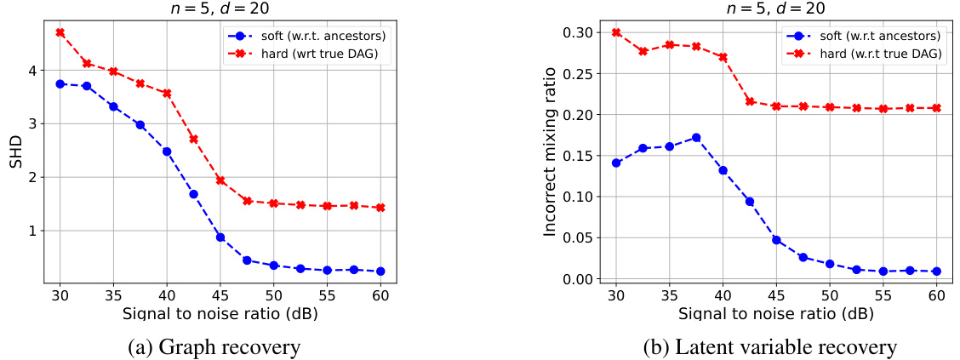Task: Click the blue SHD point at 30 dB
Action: (60, 84)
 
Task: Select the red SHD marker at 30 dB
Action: (60, 32)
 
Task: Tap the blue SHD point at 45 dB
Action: (220, 237)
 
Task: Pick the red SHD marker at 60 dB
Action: (380, 208)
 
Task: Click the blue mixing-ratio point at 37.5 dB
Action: (696, 137)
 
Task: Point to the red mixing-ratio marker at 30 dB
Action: (616, 32)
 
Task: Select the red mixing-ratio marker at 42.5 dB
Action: (750, 101)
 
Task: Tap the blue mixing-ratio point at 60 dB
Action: (937, 271)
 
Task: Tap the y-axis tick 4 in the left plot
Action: (33, 71)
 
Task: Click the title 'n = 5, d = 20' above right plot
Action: (776, 8)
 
